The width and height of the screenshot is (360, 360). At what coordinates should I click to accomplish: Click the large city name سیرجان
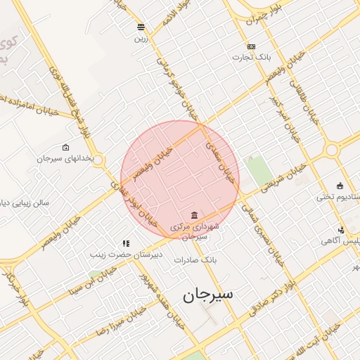pos(208,296)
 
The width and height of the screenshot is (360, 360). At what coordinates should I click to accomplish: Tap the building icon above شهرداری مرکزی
pos(194,214)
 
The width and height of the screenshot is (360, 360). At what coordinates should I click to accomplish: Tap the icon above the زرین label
pos(141,27)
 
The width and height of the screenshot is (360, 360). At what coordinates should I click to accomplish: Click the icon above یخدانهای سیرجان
pos(66,148)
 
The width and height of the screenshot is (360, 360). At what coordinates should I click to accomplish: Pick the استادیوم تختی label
pos(337,196)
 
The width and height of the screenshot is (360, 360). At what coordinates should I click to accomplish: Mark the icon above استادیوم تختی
pos(340,186)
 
